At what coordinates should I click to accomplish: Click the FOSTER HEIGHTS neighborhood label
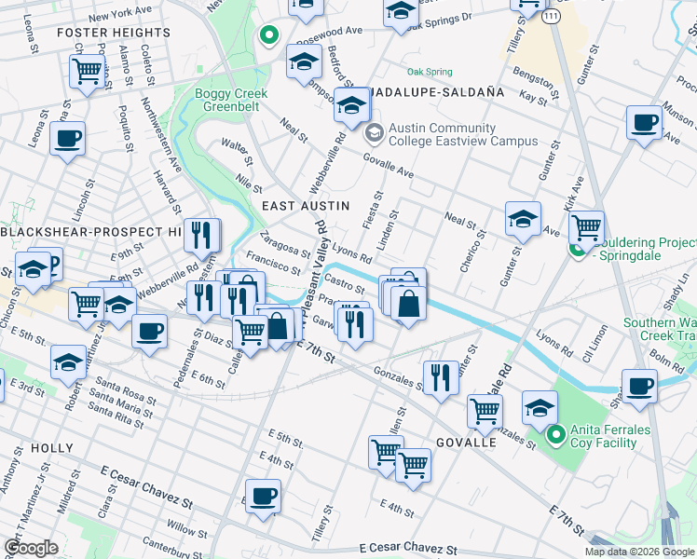[114, 33]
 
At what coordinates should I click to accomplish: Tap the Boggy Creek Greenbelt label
[231, 101]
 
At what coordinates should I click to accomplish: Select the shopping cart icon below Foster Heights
[86, 70]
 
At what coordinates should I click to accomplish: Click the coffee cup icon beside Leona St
[67, 140]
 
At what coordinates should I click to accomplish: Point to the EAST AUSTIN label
[306, 205]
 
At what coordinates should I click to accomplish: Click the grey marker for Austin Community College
[374, 134]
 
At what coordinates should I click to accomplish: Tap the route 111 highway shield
[553, 19]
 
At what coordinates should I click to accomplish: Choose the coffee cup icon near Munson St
[644, 121]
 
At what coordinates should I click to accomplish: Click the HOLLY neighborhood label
[51, 448]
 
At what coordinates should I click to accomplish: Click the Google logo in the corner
[31, 548]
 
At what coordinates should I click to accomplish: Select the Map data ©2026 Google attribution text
[638, 552]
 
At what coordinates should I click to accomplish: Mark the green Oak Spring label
[430, 72]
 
